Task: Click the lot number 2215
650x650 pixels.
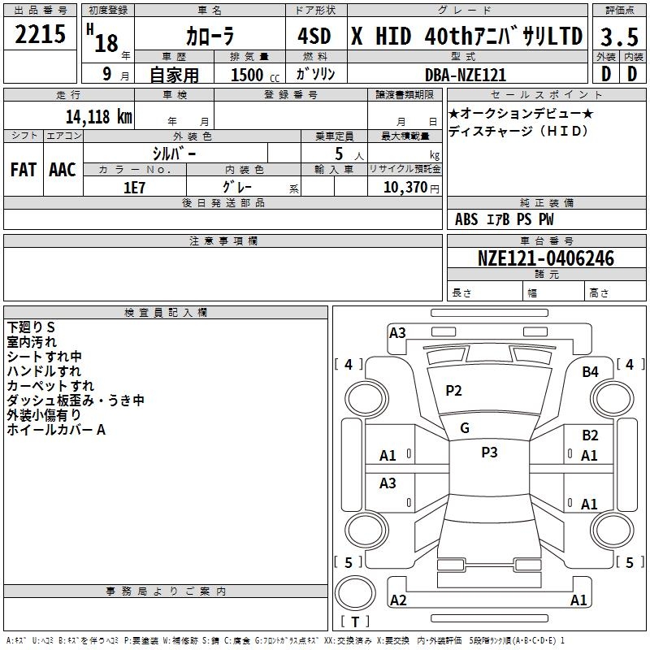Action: [41, 36]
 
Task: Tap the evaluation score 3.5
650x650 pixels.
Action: [617, 37]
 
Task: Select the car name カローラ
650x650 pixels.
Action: [209, 37]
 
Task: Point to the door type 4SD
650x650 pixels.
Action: [314, 37]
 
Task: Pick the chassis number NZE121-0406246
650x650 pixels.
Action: [546, 258]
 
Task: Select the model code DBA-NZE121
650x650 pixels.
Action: [466, 75]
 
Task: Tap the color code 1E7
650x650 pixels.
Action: [134, 187]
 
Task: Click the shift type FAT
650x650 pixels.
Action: [24, 169]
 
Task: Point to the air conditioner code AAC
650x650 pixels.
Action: [62, 169]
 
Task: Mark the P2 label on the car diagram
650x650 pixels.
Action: [453, 391]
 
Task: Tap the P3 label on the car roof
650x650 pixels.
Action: [489, 453]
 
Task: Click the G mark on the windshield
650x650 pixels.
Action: [465, 427]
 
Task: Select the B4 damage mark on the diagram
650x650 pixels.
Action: [590, 371]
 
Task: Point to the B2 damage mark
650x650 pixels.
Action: [590, 435]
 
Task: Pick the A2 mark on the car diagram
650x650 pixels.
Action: [398, 600]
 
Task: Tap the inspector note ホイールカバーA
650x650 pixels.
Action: [56, 430]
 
